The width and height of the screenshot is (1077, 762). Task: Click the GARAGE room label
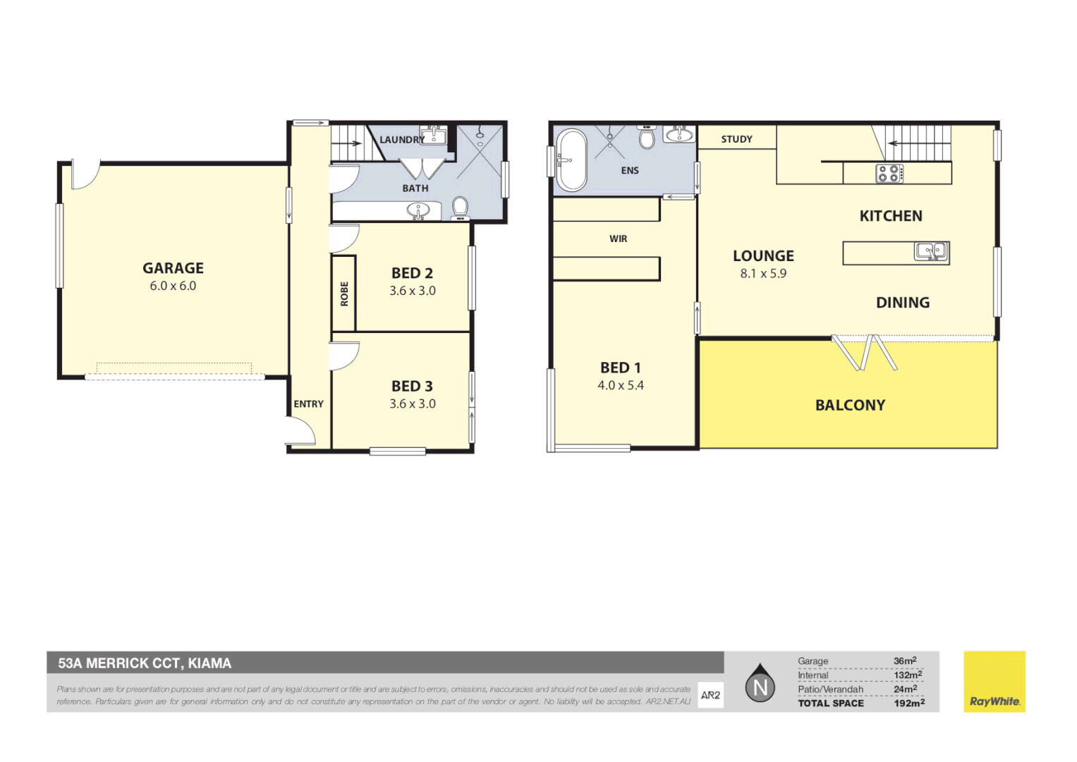(x=173, y=268)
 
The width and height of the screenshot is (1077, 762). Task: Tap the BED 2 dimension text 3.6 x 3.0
(x=413, y=291)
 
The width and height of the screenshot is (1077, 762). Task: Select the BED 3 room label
(x=412, y=386)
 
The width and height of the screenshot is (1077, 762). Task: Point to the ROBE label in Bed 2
(x=344, y=294)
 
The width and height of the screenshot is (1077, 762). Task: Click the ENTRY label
(x=308, y=404)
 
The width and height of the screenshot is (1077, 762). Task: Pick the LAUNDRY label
(x=401, y=140)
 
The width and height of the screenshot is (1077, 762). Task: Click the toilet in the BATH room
(x=460, y=206)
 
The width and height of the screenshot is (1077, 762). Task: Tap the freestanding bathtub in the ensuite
(x=571, y=160)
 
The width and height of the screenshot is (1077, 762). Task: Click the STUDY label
(x=736, y=139)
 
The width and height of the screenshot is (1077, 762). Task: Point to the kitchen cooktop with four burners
(x=889, y=173)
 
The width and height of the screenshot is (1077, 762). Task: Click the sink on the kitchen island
(x=931, y=251)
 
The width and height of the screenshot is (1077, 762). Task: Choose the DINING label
(x=902, y=303)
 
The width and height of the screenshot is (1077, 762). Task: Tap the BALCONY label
(x=850, y=405)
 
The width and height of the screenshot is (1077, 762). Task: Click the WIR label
(x=618, y=239)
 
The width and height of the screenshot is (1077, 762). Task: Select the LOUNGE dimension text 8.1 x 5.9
(x=762, y=274)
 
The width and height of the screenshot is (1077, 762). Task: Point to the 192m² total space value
(x=908, y=703)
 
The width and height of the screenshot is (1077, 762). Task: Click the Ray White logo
(x=994, y=682)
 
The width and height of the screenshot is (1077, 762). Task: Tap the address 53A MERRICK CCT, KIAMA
(x=145, y=663)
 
